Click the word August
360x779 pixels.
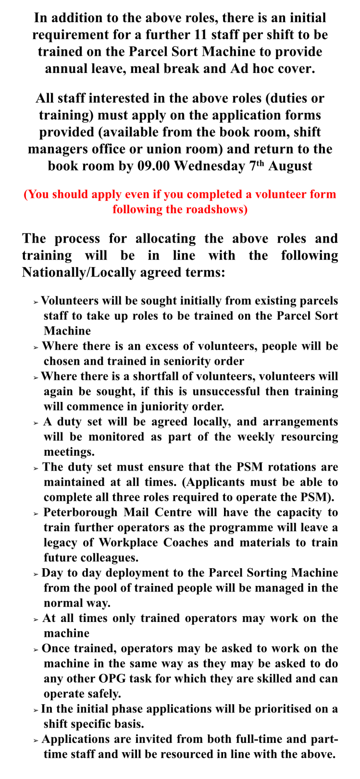point(290,166)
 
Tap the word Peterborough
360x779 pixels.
point(81,512)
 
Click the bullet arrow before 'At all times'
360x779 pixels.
point(36,620)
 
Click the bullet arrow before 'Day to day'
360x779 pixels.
point(36,574)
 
